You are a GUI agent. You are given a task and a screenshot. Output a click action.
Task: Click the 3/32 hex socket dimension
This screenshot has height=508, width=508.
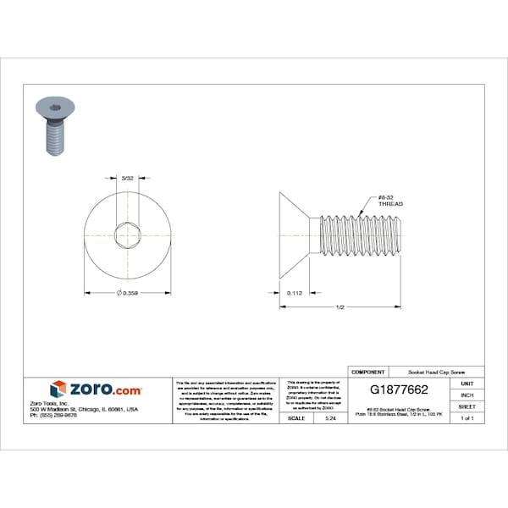click(128, 179)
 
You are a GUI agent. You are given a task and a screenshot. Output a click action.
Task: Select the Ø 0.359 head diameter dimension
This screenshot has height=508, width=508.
click(128, 293)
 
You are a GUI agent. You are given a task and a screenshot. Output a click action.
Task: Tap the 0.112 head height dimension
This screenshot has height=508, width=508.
click(295, 293)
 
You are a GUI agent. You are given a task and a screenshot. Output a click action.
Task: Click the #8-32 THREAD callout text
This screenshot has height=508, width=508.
click(390, 202)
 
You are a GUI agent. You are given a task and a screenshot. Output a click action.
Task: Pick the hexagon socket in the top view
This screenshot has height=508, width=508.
click(128, 235)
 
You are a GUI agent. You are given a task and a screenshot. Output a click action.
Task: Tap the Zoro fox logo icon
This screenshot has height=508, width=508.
click(58, 389)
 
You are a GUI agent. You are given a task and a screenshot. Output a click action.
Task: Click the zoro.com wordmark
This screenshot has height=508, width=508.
click(105, 389)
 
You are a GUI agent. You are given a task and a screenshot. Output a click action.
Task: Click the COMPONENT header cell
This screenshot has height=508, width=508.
click(368, 372)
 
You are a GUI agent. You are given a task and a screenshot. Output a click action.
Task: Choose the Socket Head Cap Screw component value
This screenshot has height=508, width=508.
click(436, 372)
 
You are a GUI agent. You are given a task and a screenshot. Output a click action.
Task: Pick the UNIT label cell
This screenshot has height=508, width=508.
click(467, 384)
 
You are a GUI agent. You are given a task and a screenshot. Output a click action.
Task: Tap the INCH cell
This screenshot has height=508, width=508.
click(467, 395)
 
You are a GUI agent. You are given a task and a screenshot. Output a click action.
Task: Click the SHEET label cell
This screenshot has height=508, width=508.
click(467, 407)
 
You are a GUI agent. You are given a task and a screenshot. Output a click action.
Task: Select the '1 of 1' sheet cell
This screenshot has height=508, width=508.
click(467, 419)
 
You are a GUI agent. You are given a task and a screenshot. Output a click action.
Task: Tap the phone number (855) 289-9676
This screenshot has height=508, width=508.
click(53, 416)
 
